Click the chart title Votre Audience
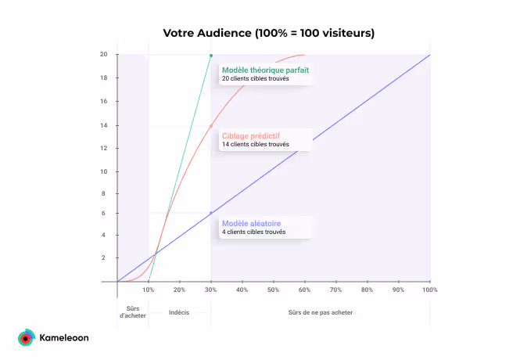(269, 33)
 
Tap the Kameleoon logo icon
(26, 338)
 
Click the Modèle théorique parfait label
(265, 70)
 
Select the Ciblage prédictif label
(251, 135)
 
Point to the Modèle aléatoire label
(251, 223)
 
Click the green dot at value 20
(211, 56)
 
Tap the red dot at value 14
(211, 126)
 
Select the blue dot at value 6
(211, 213)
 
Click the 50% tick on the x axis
(274, 290)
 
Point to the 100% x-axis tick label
(430, 290)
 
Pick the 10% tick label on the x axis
(149, 290)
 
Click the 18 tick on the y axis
(104, 78)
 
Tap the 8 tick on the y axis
(104, 193)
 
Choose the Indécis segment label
(179, 312)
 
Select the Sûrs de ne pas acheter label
(320, 312)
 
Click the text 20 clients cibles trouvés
(255, 79)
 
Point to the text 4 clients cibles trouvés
(253, 232)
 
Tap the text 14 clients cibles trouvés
(255, 145)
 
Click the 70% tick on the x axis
(336, 290)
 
